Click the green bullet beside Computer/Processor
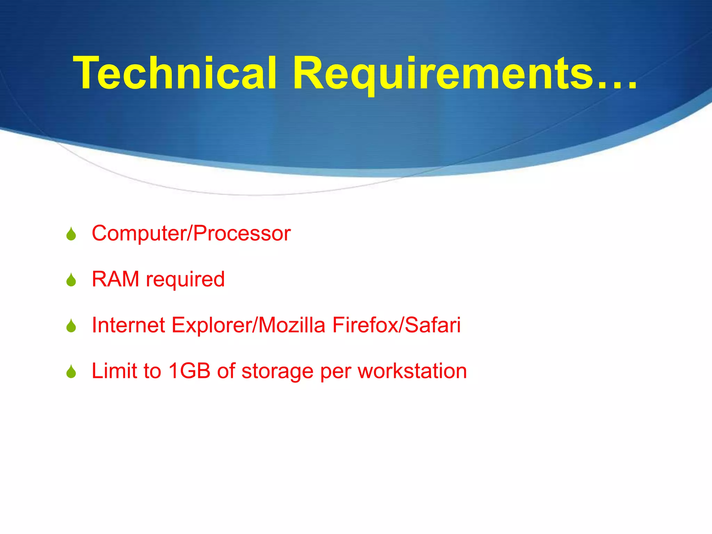[71, 234]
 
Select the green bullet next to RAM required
[71, 280]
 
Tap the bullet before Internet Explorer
[71, 326]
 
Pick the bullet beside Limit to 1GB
[71, 372]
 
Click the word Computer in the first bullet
[139, 234]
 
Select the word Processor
[242, 233]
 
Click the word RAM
[115, 279]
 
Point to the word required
[185, 280]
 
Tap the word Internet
[128, 325]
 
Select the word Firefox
[365, 325]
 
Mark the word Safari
[433, 325]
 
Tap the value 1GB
[189, 371]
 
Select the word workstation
[412, 371]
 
